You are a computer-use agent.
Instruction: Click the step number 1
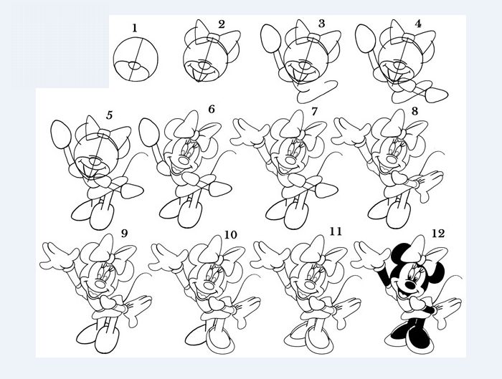point(135,28)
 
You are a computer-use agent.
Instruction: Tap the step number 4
point(418,24)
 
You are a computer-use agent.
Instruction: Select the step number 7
point(314,111)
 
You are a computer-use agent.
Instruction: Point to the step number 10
point(230,235)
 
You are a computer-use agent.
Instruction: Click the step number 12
point(438,233)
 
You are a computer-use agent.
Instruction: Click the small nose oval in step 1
point(135,66)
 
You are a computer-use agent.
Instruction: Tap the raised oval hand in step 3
point(271,39)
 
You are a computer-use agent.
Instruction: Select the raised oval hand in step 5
point(61,134)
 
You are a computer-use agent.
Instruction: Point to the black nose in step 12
point(409,284)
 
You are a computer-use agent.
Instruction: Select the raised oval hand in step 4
point(366,39)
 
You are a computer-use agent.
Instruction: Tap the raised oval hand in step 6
point(149,133)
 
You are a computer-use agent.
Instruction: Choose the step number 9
point(124,234)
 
